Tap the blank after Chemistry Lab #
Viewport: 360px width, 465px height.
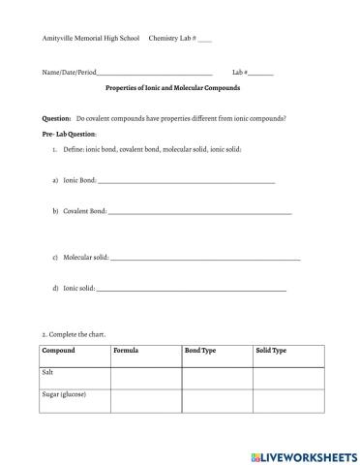(x=204, y=40)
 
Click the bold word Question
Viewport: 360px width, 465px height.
(x=56, y=118)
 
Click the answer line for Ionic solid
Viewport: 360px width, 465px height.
(x=192, y=290)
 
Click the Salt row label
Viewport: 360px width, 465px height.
(x=48, y=372)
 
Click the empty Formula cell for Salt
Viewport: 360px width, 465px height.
(x=146, y=377)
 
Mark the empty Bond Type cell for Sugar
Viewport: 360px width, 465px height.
(x=217, y=400)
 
